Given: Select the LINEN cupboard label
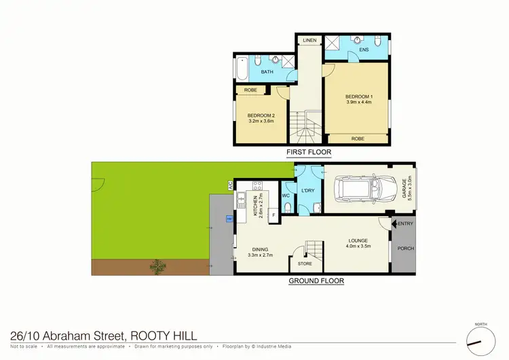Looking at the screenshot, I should pyautogui.click(x=309, y=41).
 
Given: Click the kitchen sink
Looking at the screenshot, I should pyautogui.click(x=240, y=201).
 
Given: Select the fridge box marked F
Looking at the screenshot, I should pyautogui.click(x=273, y=216).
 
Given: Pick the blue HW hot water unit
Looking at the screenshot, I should pyautogui.click(x=229, y=219).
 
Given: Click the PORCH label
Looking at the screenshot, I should pyautogui.click(x=405, y=249).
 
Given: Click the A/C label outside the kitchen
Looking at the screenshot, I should pyautogui.click(x=231, y=185).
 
